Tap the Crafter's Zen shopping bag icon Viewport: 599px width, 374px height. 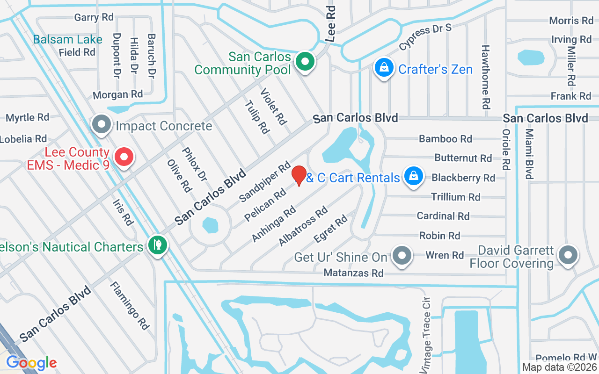tap(384, 68)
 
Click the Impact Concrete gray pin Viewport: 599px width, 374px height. tap(101, 124)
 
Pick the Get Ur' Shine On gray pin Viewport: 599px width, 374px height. tap(402, 256)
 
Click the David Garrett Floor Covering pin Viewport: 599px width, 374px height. tap(569, 255)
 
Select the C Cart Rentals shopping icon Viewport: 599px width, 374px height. tap(414, 176)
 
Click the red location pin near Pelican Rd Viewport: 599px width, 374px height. tap(299, 175)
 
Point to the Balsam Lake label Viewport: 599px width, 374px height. tap(67, 39)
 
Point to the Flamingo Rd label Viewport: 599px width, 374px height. tap(130, 306)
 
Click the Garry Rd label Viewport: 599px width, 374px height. tap(94, 17)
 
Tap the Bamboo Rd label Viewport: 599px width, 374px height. tap(445, 139)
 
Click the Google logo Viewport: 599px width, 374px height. tap(31, 362)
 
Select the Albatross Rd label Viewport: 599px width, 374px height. tap(303, 226)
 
